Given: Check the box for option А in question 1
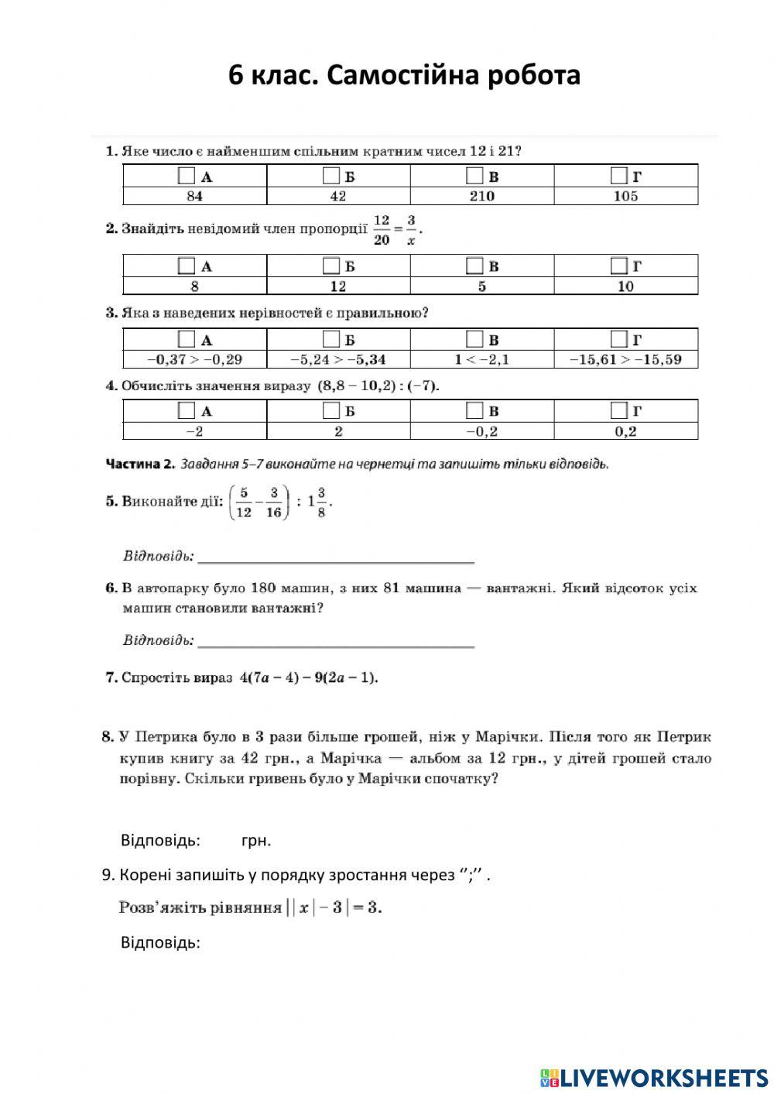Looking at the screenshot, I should tap(186, 175).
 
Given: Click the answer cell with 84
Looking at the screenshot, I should tap(194, 196).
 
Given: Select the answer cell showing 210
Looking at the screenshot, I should tap(481, 196).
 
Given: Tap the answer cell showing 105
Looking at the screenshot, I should tap(625, 196).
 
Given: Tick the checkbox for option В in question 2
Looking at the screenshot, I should tap(474, 266).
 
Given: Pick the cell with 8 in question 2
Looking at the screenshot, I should tap(194, 286).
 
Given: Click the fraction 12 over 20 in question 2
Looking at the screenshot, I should tap(381, 230).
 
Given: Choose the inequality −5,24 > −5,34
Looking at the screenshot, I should tap(338, 359).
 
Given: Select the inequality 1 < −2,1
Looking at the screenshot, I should tap(481, 359).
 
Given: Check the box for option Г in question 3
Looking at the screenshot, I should tap(618, 338).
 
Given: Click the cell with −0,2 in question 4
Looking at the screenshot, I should tap(481, 431).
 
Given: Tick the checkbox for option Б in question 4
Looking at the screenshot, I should tap(330, 410).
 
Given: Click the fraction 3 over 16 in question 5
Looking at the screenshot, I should tap(273, 502).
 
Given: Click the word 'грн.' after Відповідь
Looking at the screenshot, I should tap(256, 840).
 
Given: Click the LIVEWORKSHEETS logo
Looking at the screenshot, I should tap(655, 1077).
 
